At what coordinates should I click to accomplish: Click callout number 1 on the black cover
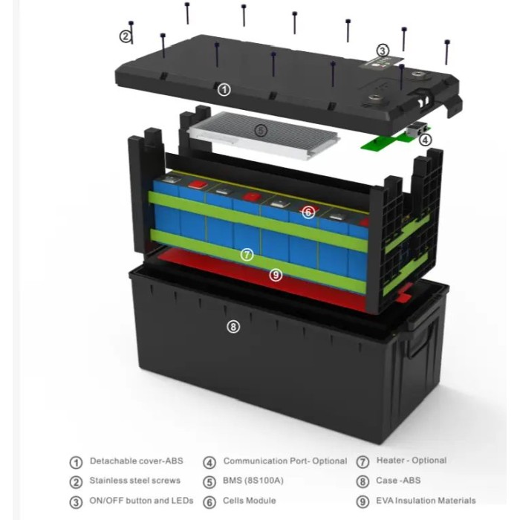click(224, 90)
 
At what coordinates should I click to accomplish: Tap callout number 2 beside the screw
click(126, 36)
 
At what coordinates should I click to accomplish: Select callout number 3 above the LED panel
click(383, 51)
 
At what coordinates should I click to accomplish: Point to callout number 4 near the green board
click(425, 140)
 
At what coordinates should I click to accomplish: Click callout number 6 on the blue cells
click(308, 212)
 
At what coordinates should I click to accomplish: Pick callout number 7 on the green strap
click(247, 255)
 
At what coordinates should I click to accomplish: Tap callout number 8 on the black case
click(233, 327)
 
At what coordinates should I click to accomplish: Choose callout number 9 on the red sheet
click(276, 275)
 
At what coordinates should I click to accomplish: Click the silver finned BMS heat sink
click(262, 135)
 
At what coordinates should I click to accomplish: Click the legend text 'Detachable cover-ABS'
click(136, 461)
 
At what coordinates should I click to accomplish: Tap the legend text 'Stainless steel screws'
click(135, 481)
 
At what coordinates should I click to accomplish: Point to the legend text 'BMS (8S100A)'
click(253, 481)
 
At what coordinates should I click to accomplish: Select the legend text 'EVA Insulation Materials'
click(426, 501)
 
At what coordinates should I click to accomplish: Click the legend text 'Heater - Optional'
click(412, 461)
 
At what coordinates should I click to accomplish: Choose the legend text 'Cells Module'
click(250, 501)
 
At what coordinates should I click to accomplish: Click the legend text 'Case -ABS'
click(398, 481)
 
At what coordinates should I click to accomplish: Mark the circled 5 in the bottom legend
click(209, 482)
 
